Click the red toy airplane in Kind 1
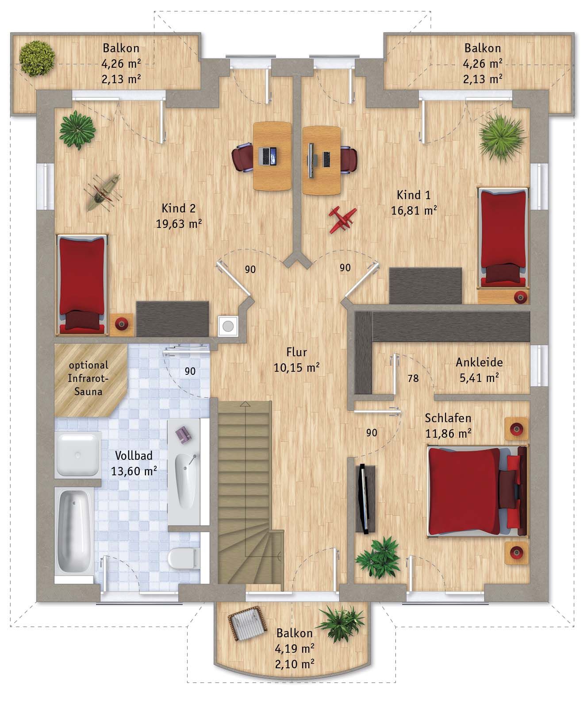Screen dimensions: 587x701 (343, 220)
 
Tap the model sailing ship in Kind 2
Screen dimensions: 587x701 (103, 193)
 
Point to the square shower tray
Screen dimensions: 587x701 (78, 455)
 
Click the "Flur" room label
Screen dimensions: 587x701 (296, 352)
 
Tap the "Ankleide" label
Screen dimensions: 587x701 (479, 362)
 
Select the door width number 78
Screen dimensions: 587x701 (413, 378)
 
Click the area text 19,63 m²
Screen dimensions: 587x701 (179, 223)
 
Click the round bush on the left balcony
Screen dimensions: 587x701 (37, 58)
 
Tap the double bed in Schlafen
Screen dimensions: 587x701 (476, 491)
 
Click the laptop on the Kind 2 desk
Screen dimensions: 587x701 (268, 157)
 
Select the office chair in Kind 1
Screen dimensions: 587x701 (349, 159)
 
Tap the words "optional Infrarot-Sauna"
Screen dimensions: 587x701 (88, 378)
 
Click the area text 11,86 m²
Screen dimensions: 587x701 (448, 434)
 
